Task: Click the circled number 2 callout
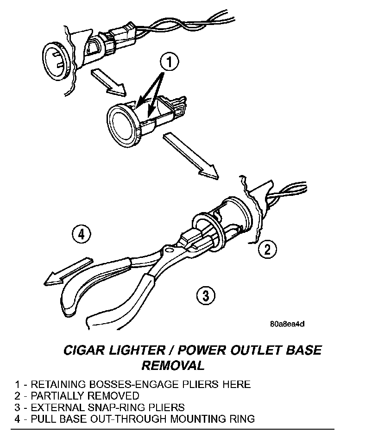tap(267, 250)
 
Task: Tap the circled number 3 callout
tap(205, 294)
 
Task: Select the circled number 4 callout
tap(82, 234)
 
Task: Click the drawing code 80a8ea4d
tap(287, 324)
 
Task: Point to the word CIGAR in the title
tap(83, 350)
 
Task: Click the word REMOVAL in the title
tap(172, 365)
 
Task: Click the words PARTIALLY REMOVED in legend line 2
tap(84, 396)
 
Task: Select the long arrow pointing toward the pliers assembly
tap(190, 155)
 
